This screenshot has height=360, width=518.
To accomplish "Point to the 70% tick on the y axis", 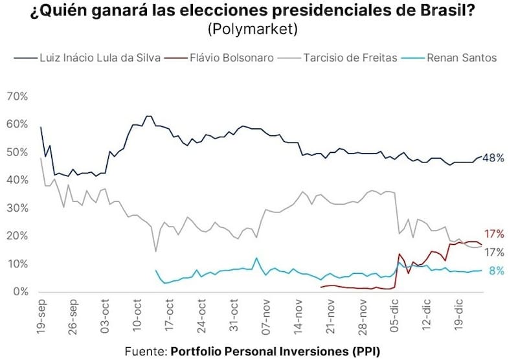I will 16,96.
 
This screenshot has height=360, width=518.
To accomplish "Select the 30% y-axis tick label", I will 16,208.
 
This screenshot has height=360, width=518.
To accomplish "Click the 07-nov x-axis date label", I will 265,315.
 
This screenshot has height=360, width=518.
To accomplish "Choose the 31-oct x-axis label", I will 232,315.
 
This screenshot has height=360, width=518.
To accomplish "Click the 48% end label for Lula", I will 492,158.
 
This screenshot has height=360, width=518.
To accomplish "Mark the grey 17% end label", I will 494,252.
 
